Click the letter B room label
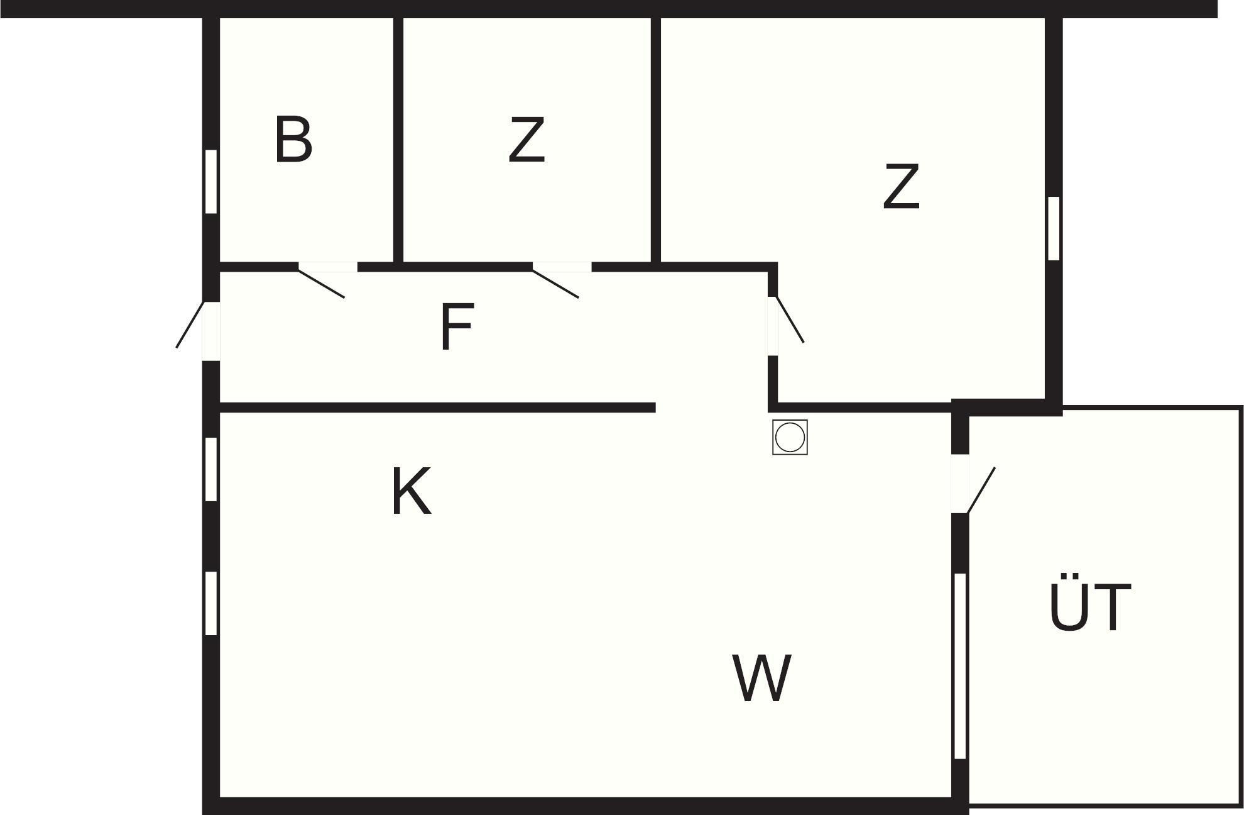[x=293, y=140]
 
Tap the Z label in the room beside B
[x=527, y=140]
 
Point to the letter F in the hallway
[x=456, y=328]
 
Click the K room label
[x=412, y=491]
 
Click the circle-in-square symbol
[x=790, y=437]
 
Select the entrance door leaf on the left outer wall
[x=190, y=324]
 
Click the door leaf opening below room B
[x=321, y=284]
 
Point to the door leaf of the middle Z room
[x=555, y=284]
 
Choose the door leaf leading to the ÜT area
[x=981, y=491]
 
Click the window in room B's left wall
[x=211, y=182]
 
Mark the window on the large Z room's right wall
[x=1054, y=228]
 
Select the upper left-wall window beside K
[x=211, y=469]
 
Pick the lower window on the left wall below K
[x=211, y=603]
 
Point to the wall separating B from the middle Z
[x=398, y=140]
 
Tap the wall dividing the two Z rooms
[x=656, y=140]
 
